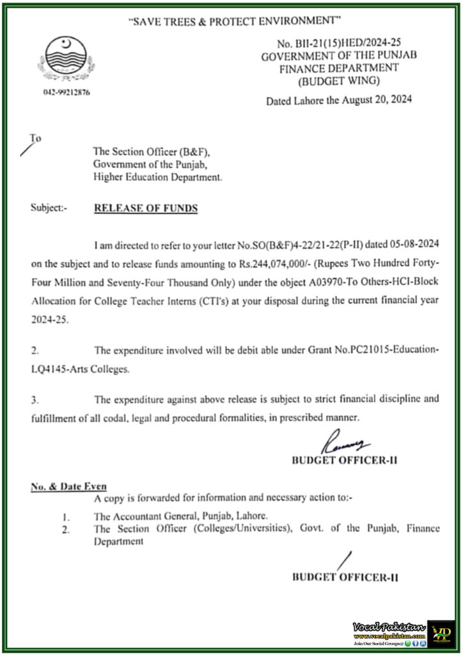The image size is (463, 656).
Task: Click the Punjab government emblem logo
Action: [67, 58]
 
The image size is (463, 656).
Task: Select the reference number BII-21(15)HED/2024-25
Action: [346, 44]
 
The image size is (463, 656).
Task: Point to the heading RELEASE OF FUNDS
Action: [146, 208]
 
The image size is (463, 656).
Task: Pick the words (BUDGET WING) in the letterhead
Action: [338, 81]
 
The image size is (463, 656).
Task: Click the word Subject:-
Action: [49, 208]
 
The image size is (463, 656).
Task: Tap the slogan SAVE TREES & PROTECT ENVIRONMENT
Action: [232, 21]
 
